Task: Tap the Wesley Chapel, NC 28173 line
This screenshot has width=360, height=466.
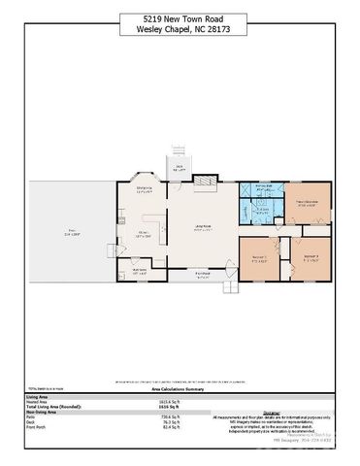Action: (x=180, y=29)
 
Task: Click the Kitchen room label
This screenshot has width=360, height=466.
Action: (x=142, y=233)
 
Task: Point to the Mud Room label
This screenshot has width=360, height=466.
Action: (x=140, y=271)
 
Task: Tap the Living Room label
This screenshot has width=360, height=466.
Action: (x=203, y=228)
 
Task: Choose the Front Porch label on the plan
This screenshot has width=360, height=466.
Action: (x=203, y=275)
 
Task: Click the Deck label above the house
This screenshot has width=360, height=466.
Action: (x=179, y=166)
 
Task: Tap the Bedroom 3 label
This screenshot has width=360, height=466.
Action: (x=311, y=257)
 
